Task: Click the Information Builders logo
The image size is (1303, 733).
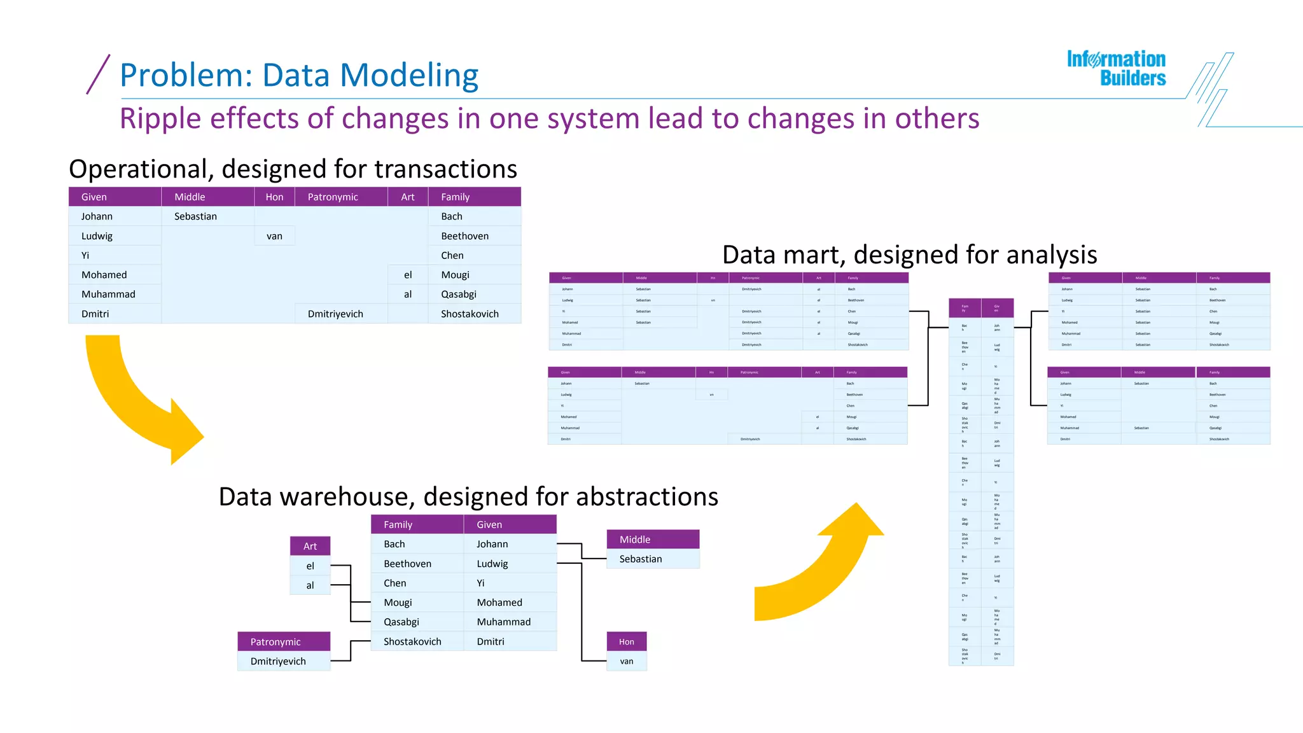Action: click(1116, 68)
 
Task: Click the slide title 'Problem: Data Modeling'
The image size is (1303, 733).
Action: click(298, 75)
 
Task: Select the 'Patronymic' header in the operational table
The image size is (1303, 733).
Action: click(333, 197)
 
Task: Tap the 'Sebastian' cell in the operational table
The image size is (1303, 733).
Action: click(195, 216)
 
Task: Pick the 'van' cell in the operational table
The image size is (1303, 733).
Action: click(274, 236)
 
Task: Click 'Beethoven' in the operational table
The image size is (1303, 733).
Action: click(465, 236)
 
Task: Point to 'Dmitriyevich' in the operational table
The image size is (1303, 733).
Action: click(335, 314)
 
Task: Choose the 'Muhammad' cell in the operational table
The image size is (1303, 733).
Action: click(108, 294)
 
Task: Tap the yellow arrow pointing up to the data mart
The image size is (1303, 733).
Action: click(821, 566)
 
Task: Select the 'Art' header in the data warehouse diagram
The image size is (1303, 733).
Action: click(310, 546)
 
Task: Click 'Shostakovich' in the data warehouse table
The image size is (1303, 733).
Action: click(412, 641)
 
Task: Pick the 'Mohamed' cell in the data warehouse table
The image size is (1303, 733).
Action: click(499, 603)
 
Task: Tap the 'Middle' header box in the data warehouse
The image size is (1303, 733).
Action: click(635, 540)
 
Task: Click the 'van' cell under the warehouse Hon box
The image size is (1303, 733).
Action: click(627, 661)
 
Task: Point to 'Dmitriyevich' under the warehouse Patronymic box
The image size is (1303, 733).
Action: click(278, 661)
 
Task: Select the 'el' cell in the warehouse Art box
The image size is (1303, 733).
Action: click(310, 566)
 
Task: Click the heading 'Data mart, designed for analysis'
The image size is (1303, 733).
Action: click(909, 255)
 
